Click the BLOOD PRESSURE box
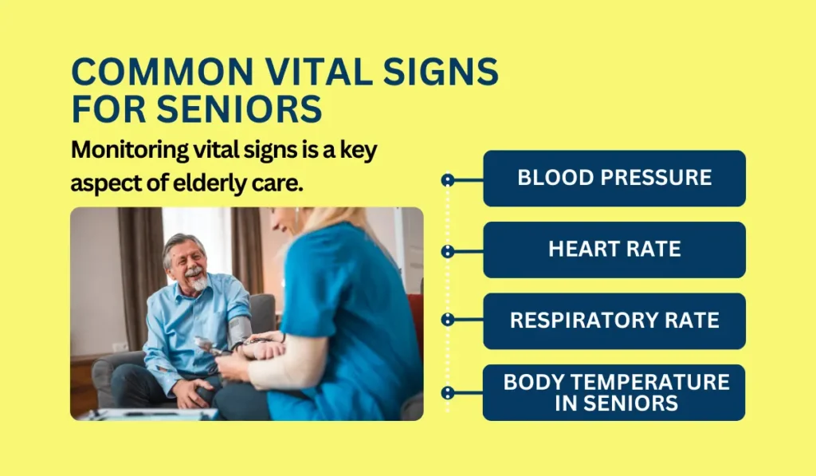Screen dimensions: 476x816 614,178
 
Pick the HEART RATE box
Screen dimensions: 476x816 614,250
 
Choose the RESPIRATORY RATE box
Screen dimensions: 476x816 614,321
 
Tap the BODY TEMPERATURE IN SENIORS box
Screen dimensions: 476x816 614,392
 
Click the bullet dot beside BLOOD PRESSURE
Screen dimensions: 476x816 448,180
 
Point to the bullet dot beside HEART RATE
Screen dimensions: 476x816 448,251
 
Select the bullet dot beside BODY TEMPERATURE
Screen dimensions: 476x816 448,392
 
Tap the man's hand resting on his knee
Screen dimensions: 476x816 186,390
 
